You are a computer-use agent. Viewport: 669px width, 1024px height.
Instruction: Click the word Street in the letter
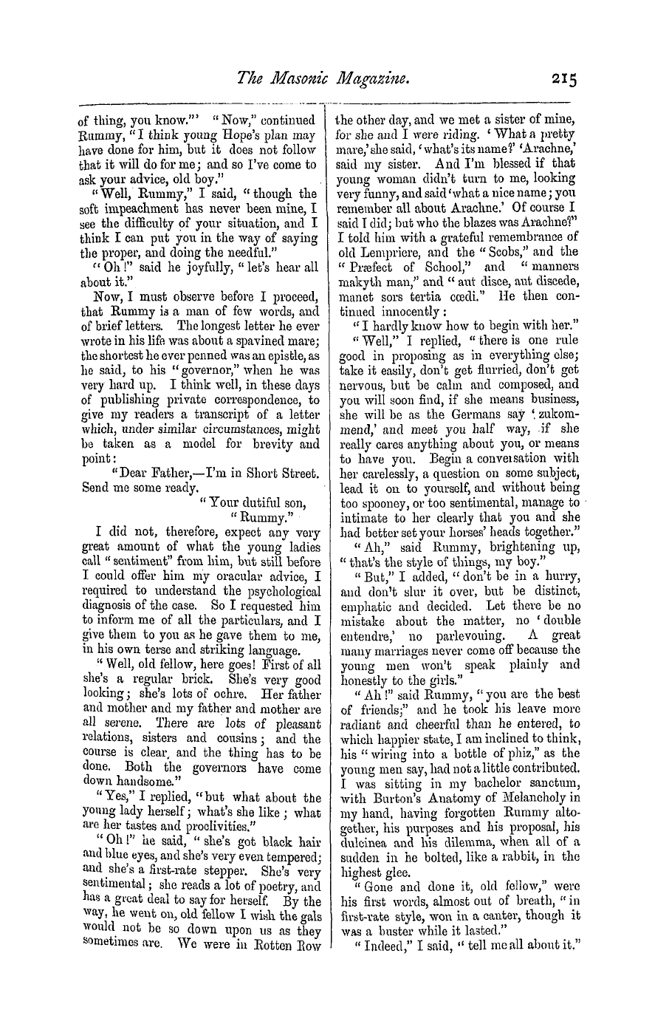tap(297, 473)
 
